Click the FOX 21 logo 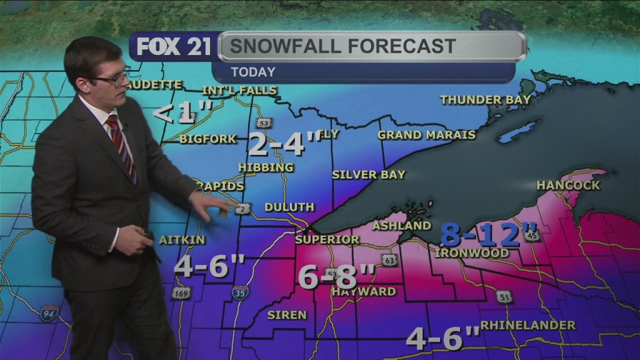[x=174, y=47]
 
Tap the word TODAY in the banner [x=252, y=72]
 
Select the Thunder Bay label [x=485, y=99]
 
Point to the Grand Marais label [x=426, y=135]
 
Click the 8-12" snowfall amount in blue [x=481, y=234]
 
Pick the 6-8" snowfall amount [x=336, y=276]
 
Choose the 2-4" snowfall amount [x=285, y=145]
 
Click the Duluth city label [x=289, y=207]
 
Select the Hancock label [x=568, y=185]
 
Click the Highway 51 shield [x=504, y=296]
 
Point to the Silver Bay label [x=368, y=174]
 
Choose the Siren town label [x=287, y=315]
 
